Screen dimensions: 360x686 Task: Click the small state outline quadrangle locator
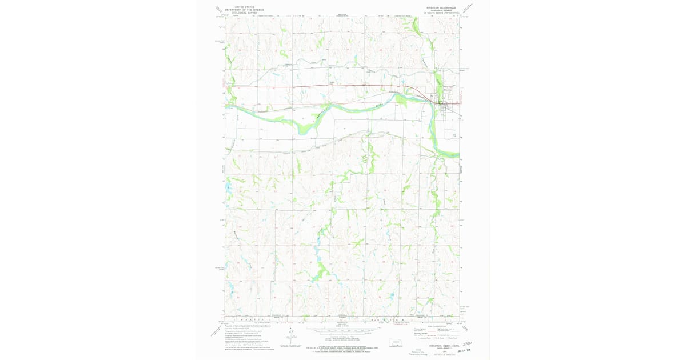[x=395, y=343]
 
